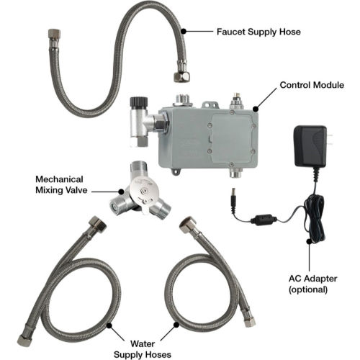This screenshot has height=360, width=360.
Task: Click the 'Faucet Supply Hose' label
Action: (x=258, y=32)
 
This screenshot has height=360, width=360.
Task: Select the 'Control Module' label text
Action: (x=312, y=85)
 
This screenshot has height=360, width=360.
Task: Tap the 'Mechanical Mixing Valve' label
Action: (x=61, y=184)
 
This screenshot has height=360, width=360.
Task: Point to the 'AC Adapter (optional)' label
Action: (x=312, y=284)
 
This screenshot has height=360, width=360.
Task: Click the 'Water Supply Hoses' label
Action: (x=143, y=348)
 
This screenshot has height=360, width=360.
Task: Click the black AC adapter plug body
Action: (x=310, y=146)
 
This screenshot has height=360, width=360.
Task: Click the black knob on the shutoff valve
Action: (x=138, y=102)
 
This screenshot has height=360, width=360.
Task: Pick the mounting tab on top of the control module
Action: (x=210, y=105)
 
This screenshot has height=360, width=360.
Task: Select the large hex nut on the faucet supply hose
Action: (x=181, y=76)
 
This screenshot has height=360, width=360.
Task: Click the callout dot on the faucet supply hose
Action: (x=184, y=31)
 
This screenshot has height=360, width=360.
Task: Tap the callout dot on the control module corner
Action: (x=256, y=109)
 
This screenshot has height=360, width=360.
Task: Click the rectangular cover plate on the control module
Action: (x=231, y=138)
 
